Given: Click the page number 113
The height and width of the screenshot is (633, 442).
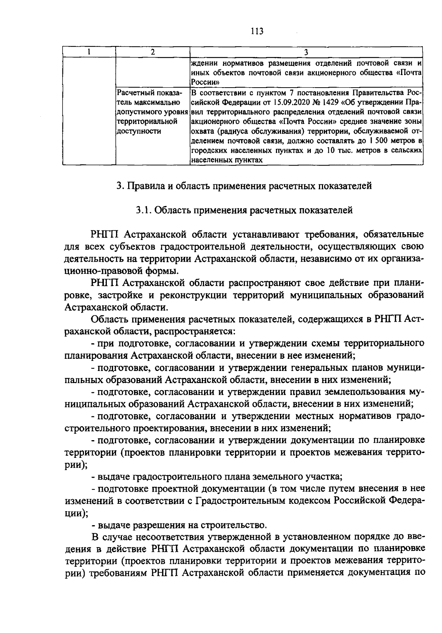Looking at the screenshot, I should pyautogui.click(x=257, y=31).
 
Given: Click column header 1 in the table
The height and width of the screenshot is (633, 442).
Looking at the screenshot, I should pyautogui.click(x=89, y=52).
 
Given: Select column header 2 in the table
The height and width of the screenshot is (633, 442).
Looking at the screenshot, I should pyautogui.click(x=152, y=52).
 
